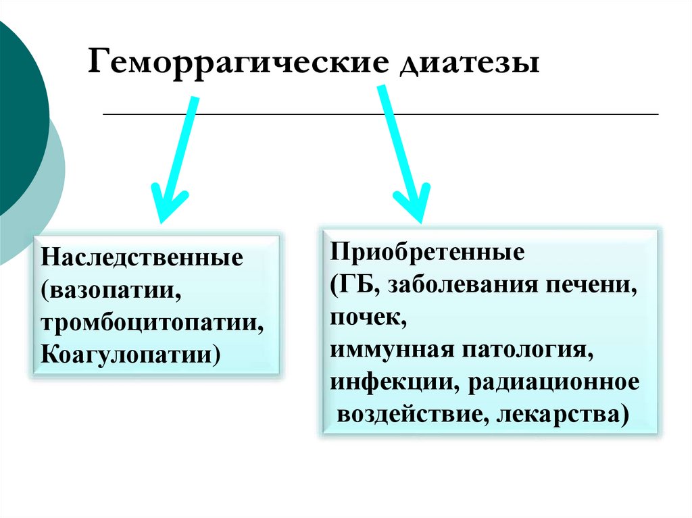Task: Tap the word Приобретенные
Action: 427,253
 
